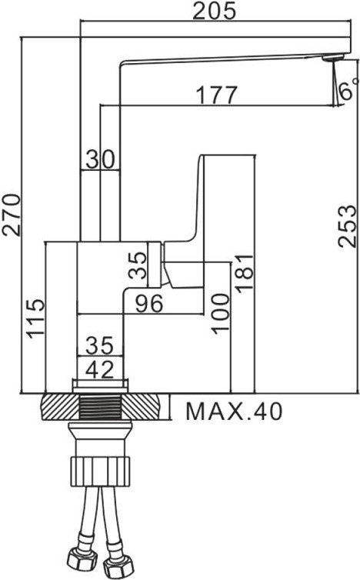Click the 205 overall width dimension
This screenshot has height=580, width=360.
(x=215, y=11)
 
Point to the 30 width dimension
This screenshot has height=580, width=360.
(x=101, y=158)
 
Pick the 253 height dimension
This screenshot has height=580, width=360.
(x=348, y=225)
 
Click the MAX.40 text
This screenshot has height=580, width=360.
(x=233, y=411)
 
